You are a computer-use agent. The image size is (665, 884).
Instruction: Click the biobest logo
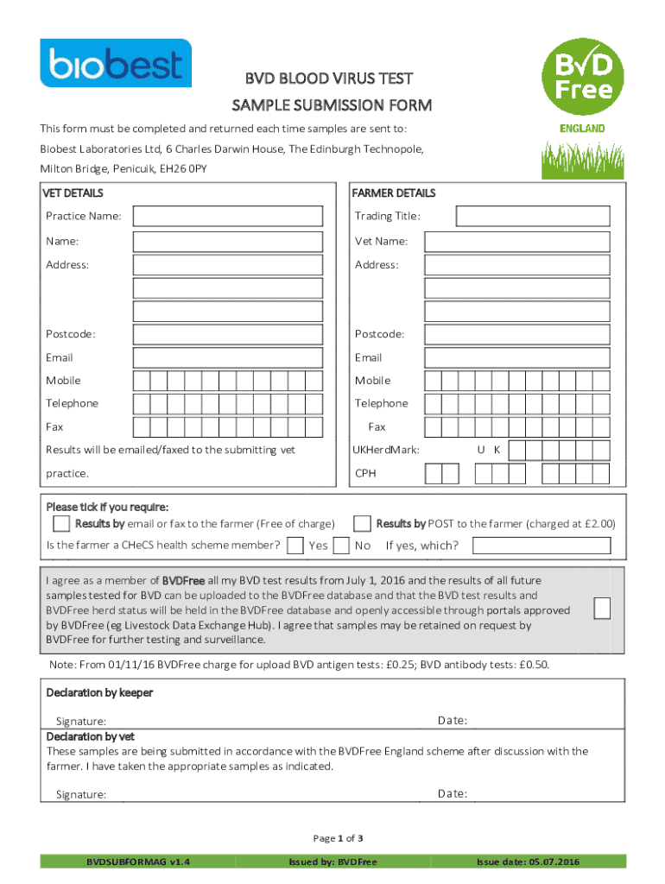pyautogui.click(x=116, y=63)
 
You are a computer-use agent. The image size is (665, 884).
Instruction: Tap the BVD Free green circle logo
pyautogui.click(x=579, y=75)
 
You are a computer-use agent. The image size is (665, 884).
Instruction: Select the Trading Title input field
pyautogui.click(x=535, y=216)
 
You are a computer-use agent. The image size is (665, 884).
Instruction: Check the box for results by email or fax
pyautogui.click(x=61, y=523)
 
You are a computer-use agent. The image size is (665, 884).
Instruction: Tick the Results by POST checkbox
pyautogui.click(x=363, y=523)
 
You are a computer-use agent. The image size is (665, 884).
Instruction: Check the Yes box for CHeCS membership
pyautogui.click(x=294, y=545)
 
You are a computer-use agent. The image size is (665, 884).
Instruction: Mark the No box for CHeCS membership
pyautogui.click(x=341, y=545)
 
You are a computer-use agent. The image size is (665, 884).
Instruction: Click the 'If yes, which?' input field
pyautogui.click(x=541, y=545)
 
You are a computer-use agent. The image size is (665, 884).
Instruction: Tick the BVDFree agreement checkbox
pyautogui.click(x=604, y=608)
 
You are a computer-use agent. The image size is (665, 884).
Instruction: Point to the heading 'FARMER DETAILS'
pyautogui.click(x=393, y=193)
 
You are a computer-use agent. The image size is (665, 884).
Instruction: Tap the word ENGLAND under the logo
pyautogui.click(x=582, y=129)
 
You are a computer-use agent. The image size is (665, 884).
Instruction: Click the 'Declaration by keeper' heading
pyautogui.click(x=98, y=692)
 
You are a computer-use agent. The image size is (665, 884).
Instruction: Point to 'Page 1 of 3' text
pyautogui.click(x=337, y=838)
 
